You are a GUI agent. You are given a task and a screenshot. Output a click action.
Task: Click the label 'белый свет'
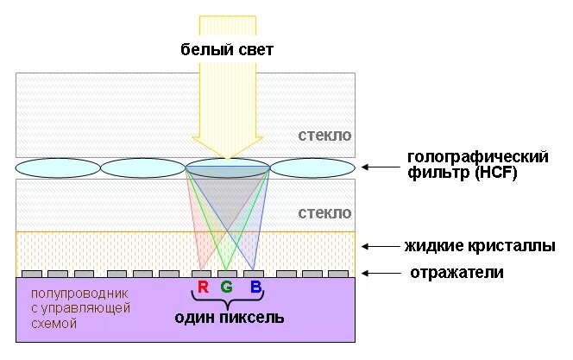227,50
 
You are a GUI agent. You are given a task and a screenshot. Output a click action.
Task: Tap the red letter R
203,287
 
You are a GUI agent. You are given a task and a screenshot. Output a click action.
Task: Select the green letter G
227,287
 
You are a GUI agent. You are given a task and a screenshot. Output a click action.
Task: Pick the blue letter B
255,287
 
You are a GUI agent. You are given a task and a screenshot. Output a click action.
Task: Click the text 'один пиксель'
229,318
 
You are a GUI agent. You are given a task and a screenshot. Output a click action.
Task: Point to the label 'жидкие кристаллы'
480,247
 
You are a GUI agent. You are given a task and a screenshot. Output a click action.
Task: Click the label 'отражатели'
457,273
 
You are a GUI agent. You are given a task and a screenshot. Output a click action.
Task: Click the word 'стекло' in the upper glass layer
324,136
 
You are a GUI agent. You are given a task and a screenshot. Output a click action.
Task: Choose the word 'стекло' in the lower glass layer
324,212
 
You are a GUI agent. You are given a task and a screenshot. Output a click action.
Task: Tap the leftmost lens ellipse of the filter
58,167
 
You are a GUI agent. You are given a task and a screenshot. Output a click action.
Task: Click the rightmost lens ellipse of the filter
312,167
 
